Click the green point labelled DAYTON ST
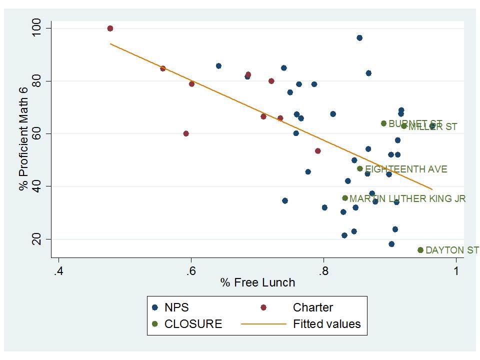click(x=420, y=250)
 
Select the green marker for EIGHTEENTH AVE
click(x=359, y=169)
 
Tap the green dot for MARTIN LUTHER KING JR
click(x=344, y=198)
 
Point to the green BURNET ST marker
click(x=383, y=123)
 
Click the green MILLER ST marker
click(x=404, y=126)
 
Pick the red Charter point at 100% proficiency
click(x=110, y=28)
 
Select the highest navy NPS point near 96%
click(x=359, y=38)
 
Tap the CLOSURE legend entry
click(x=192, y=323)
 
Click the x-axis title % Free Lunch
click(x=257, y=282)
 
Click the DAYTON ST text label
click(x=452, y=250)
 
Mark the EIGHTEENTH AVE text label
click(x=406, y=169)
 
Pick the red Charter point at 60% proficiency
click(x=186, y=133)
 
